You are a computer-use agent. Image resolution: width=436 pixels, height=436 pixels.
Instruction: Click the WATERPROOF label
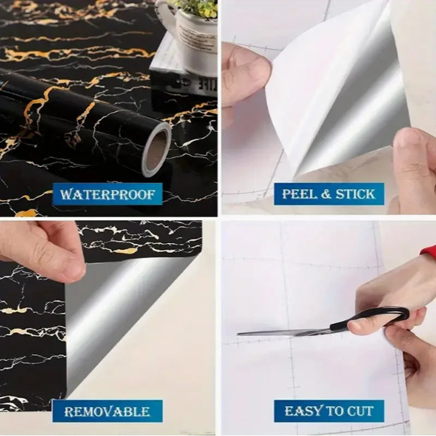pos(107,194)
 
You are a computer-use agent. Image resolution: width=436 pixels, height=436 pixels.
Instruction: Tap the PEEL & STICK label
pos(329,194)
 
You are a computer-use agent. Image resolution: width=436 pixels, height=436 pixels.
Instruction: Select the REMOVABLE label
pos(107,411)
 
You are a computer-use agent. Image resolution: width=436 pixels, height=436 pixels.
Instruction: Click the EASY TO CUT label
pos(329,411)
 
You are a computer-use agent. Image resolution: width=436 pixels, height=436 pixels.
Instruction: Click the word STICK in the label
pos(355,194)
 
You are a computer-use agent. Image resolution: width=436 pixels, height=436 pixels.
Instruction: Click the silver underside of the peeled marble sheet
pos(109,316)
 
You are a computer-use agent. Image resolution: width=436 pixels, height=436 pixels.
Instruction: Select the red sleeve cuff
pos(429,252)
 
